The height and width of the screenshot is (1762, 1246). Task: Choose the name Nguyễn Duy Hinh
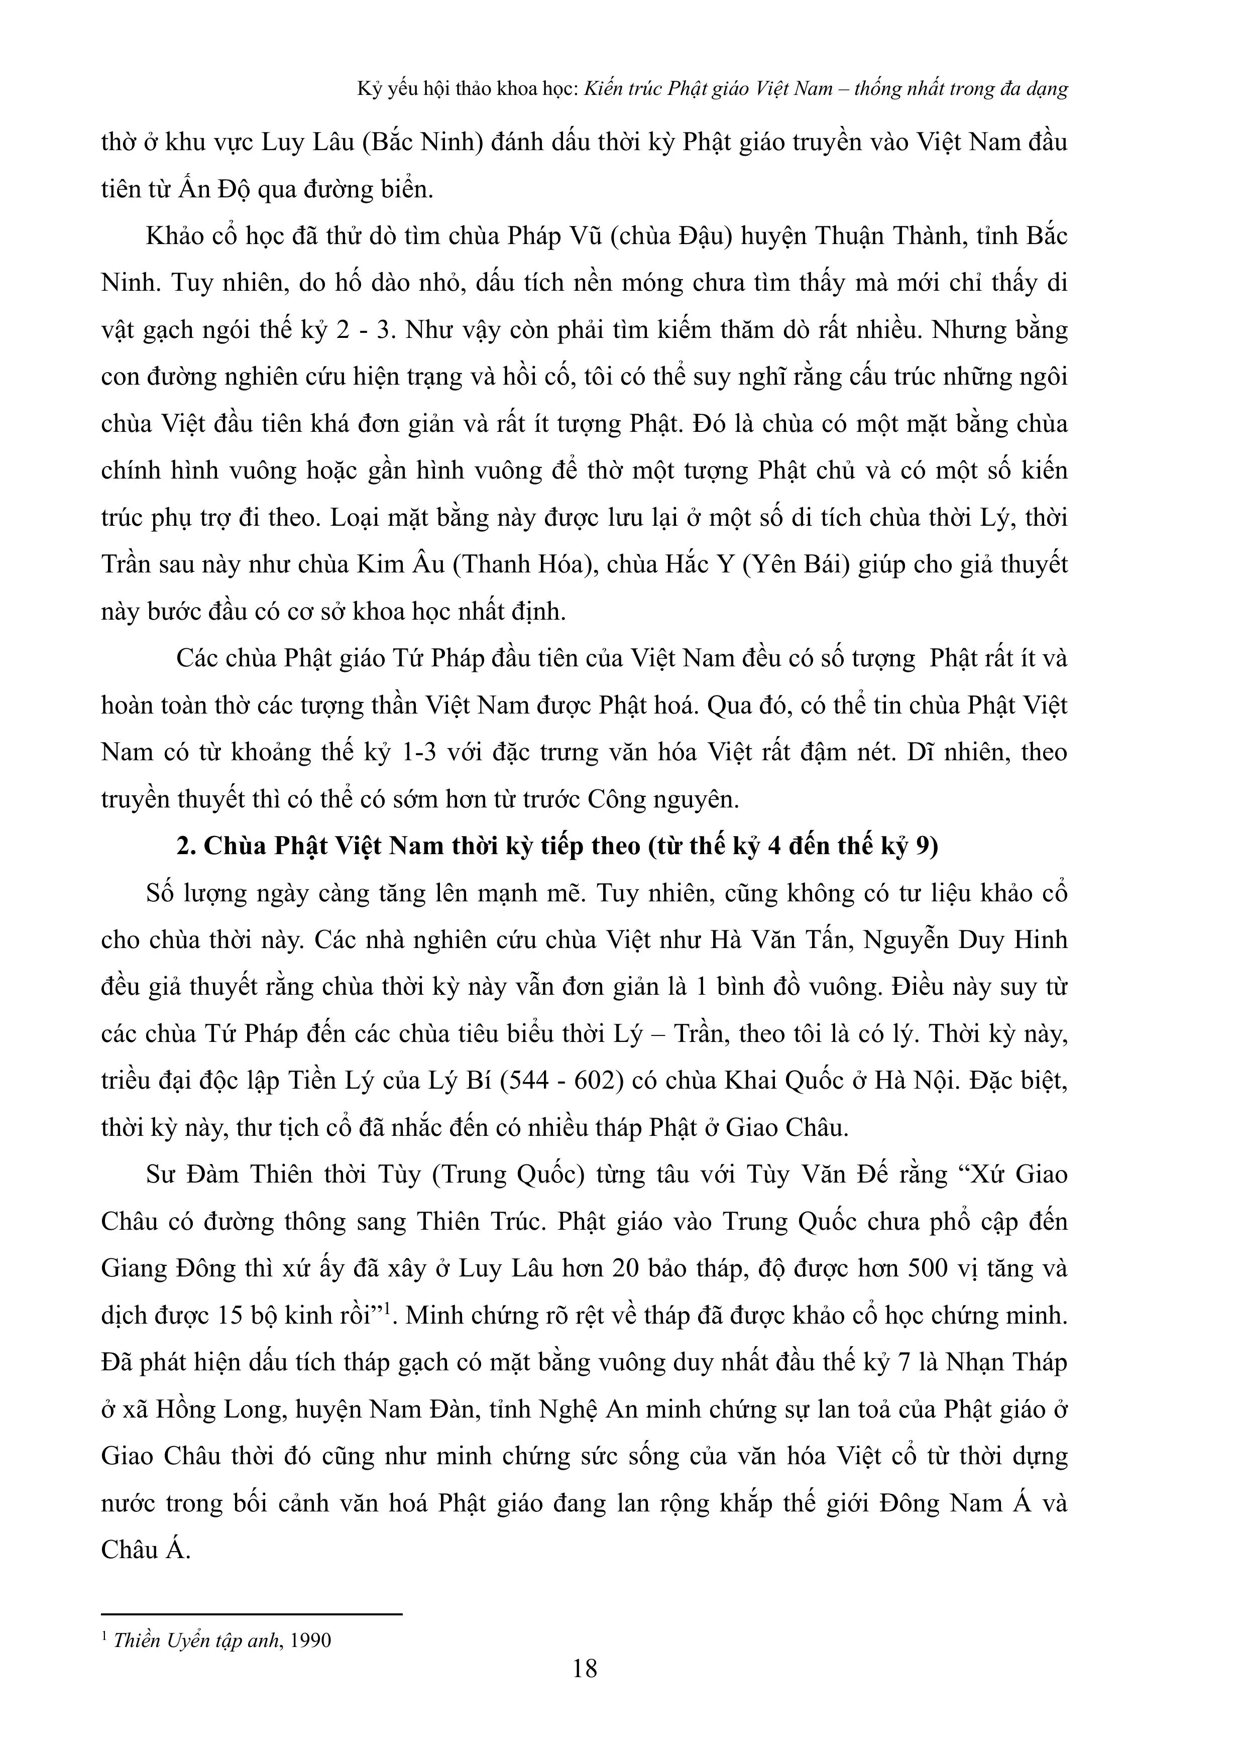tap(965, 939)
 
